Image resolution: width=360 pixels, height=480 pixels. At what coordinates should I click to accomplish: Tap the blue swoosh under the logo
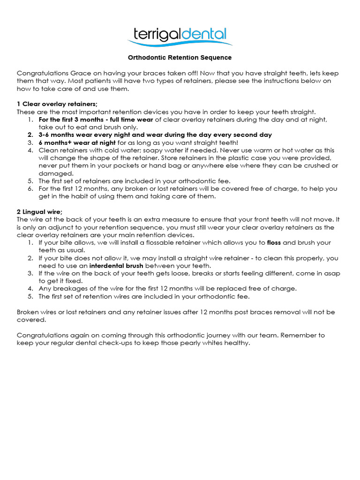click(180, 44)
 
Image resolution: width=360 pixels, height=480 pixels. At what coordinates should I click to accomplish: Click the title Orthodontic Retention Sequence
click(180, 58)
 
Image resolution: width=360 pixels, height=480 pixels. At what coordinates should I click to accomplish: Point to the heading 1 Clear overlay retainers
click(57, 104)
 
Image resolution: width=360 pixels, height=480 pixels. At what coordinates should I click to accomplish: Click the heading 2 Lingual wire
click(39, 212)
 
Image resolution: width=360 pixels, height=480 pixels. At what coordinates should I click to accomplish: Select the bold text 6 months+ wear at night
click(77, 142)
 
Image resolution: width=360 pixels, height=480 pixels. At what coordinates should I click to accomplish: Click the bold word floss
click(274, 243)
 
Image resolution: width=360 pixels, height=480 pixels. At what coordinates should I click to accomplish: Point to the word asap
click(333, 273)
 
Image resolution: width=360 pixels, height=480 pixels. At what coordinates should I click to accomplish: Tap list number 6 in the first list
click(30, 189)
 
